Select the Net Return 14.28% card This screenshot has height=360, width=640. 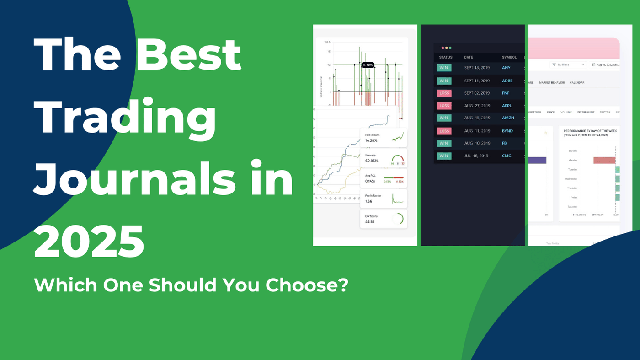(x=383, y=137)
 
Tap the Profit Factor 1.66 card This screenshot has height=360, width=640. (x=383, y=199)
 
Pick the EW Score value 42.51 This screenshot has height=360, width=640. (x=370, y=222)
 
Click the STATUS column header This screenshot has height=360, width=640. (x=445, y=57)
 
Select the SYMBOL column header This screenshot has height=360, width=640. (x=509, y=57)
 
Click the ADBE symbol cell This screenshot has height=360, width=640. (x=507, y=81)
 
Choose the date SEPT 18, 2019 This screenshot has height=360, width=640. (x=477, y=68)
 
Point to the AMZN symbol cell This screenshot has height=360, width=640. (x=508, y=118)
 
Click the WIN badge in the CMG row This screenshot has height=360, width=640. (x=444, y=156)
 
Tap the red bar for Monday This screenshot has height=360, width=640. (x=604, y=160)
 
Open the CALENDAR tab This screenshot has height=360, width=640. (x=577, y=83)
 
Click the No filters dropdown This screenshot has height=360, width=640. (x=568, y=65)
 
